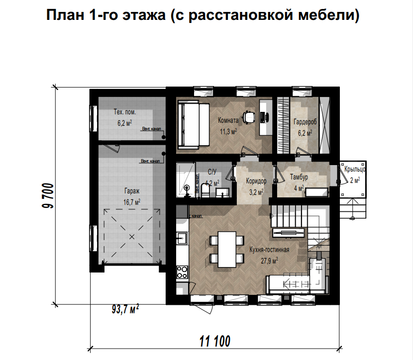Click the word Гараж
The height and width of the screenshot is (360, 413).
[x=131, y=191]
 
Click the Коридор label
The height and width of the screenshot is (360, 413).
[x=256, y=181]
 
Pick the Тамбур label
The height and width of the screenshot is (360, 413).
[x=299, y=177]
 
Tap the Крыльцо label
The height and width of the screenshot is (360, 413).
[x=355, y=170]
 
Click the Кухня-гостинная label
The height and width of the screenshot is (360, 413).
[x=269, y=250]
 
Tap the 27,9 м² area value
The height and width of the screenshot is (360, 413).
[x=269, y=260]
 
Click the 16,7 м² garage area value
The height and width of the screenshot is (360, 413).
[x=131, y=202]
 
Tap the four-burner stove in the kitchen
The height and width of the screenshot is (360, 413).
[x=182, y=272]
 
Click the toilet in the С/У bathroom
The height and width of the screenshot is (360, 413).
[x=204, y=190]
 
